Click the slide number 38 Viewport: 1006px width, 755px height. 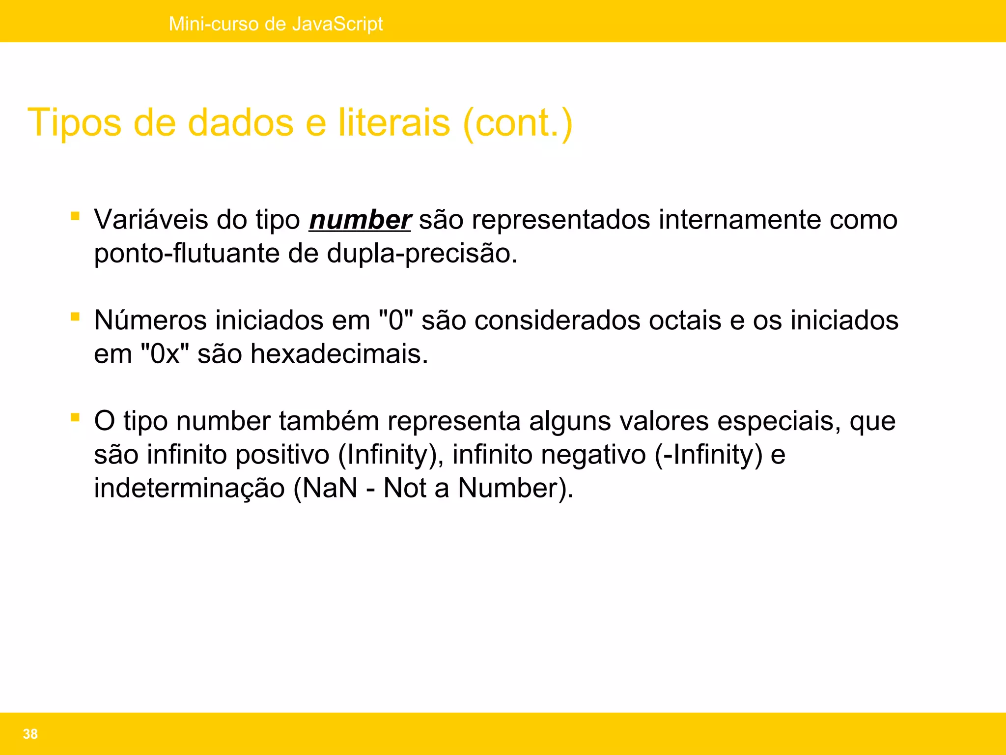[30, 734]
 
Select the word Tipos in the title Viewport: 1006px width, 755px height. [74, 123]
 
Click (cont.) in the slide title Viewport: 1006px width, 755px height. [518, 123]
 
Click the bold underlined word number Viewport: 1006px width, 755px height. [360, 220]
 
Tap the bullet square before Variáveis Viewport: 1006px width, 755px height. [75, 216]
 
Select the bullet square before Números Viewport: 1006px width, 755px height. [75, 317]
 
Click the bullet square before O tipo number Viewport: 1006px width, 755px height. [75, 417]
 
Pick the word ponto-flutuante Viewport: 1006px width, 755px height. [186, 254]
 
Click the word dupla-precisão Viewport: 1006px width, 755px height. [422, 254]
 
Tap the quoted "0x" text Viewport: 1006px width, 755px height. [165, 354]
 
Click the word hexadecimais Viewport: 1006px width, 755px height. [339, 354]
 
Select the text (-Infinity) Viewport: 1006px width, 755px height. [708, 455]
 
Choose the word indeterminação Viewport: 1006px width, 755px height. [189, 488]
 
